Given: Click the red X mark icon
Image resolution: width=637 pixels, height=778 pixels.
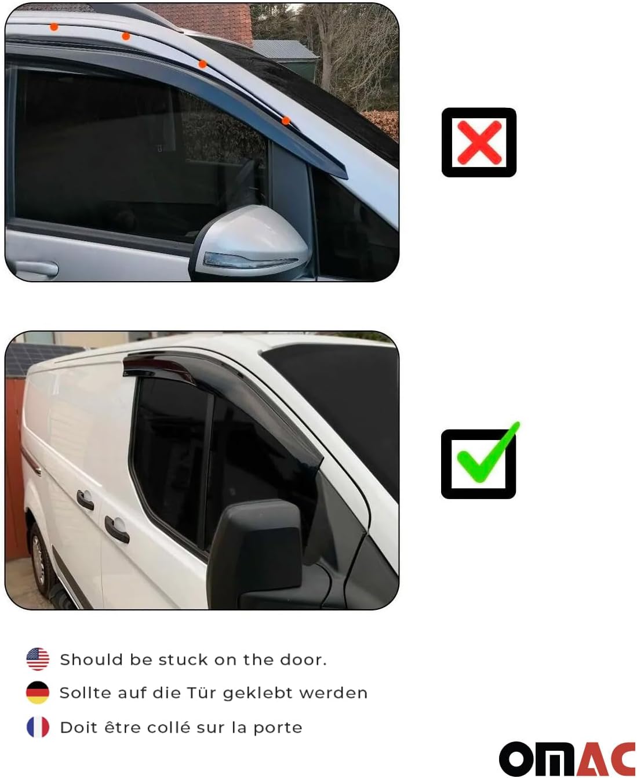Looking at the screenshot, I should [479, 143].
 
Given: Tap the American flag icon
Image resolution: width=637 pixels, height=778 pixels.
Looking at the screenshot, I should [38, 659].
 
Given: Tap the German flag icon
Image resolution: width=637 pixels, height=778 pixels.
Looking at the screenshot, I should [38, 693].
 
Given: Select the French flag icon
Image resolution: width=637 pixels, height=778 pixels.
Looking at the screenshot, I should [38, 727].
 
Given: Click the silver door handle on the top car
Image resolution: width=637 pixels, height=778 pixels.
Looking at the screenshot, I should [36, 268].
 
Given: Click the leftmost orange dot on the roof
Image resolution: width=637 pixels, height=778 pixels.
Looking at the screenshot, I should [54, 27].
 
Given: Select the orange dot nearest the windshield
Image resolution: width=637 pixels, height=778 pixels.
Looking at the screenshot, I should [286, 121].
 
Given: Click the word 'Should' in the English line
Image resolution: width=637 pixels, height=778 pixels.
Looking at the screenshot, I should [91, 660].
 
